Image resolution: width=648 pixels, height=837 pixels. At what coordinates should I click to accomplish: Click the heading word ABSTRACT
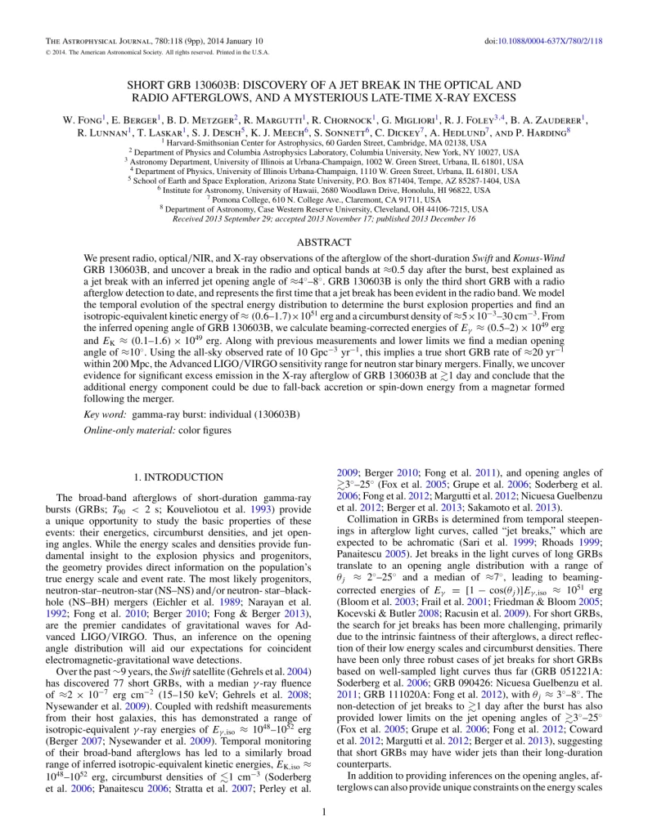pyautogui.click(x=324, y=242)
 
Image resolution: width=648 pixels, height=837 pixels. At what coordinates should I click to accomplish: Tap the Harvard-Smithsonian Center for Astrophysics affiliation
pyautogui.click(x=323, y=141)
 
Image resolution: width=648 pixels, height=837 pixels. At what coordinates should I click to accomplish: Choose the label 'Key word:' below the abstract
pyautogui.click(x=106, y=415)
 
